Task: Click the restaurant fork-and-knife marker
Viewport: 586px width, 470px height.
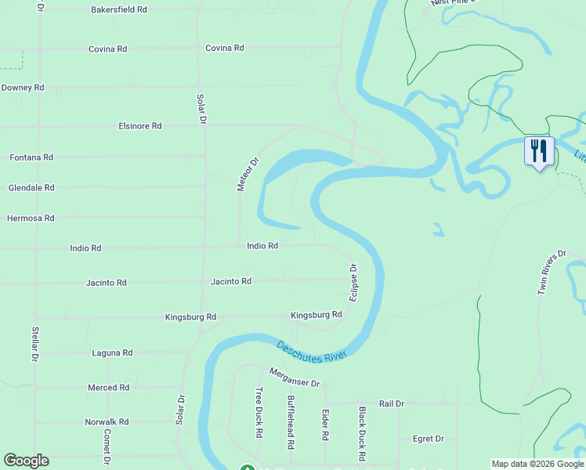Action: click(538, 151)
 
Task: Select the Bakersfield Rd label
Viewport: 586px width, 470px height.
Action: click(119, 10)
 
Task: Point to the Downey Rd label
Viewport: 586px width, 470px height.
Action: click(23, 88)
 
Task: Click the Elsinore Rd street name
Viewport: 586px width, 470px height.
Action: click(140, 125)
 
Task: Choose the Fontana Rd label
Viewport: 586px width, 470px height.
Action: click(31, 157)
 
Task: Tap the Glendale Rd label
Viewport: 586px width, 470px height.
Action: click(31, 188)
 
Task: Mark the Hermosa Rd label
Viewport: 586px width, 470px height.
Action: click(31, 219)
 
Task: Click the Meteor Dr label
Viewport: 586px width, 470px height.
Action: click(248, 175)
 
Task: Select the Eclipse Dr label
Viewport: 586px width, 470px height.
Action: click(353, 283)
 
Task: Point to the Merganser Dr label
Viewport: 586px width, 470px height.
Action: click(295, 378)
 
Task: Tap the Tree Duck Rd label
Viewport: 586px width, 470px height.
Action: click(259, 412)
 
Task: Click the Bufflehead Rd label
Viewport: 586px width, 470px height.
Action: click(291, 421)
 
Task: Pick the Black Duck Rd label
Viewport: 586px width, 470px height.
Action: click(362, 433)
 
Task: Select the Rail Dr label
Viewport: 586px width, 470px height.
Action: click(391, 403)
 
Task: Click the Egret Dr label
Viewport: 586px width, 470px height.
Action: click(429, 439)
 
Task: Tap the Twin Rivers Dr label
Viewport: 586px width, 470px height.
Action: click(552, 273)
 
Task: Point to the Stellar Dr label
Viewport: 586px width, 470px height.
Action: click(35, 344)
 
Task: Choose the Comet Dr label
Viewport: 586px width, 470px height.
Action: click(107, 449)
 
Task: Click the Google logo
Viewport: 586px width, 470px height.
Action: click(26, 461)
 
